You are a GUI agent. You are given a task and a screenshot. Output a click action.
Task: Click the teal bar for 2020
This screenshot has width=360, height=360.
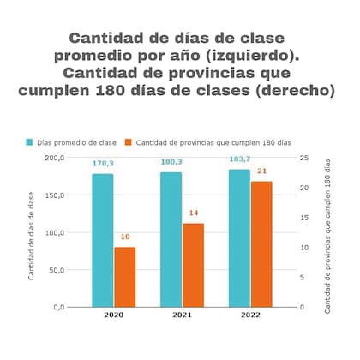click(103, 240)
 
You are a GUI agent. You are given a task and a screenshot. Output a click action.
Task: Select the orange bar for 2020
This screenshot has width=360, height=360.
click(125, 277)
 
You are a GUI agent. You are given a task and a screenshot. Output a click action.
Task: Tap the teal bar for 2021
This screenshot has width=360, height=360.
click(171, 239)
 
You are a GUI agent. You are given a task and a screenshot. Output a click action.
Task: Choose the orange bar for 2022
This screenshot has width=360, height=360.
click(261, 244)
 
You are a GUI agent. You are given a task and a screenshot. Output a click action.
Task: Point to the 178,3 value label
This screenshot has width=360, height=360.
click(103, 163)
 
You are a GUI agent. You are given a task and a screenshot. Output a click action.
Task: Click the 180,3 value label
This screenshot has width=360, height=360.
click(171, 162)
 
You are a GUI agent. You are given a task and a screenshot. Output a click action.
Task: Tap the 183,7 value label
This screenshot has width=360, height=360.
click(239, 159)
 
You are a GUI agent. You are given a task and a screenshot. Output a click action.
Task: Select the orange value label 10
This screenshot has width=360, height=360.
click(125, 237)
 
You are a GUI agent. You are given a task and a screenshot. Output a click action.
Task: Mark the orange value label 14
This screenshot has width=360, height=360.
click(194, 213)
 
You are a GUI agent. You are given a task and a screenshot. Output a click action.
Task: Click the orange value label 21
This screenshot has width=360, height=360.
click(261, 171)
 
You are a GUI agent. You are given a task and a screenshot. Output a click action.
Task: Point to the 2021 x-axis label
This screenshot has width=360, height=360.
click(182, 316)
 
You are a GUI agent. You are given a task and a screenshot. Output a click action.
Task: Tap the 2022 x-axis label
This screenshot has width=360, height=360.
click(249, 316)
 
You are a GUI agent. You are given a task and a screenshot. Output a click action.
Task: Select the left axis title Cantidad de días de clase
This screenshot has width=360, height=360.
click(32, 236)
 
